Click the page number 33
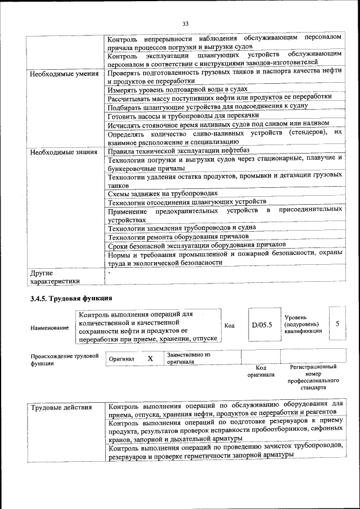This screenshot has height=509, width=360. pos(185,23)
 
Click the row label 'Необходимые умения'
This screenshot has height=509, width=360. pos(65,74)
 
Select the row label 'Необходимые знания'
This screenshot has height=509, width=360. pos(65,152)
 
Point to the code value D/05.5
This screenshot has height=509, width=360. pos(262,325)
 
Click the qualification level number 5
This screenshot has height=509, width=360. pos(337,325)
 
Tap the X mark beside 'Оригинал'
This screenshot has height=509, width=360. pos(150,358)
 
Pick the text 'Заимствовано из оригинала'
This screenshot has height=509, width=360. pos(188,358)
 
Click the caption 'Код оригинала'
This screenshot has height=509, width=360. pos(261,371)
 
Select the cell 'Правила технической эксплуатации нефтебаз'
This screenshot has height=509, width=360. pos(178,151)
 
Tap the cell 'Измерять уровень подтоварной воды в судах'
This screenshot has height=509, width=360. pos(178,89)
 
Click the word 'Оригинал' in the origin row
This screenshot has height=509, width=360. pos(121,359)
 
